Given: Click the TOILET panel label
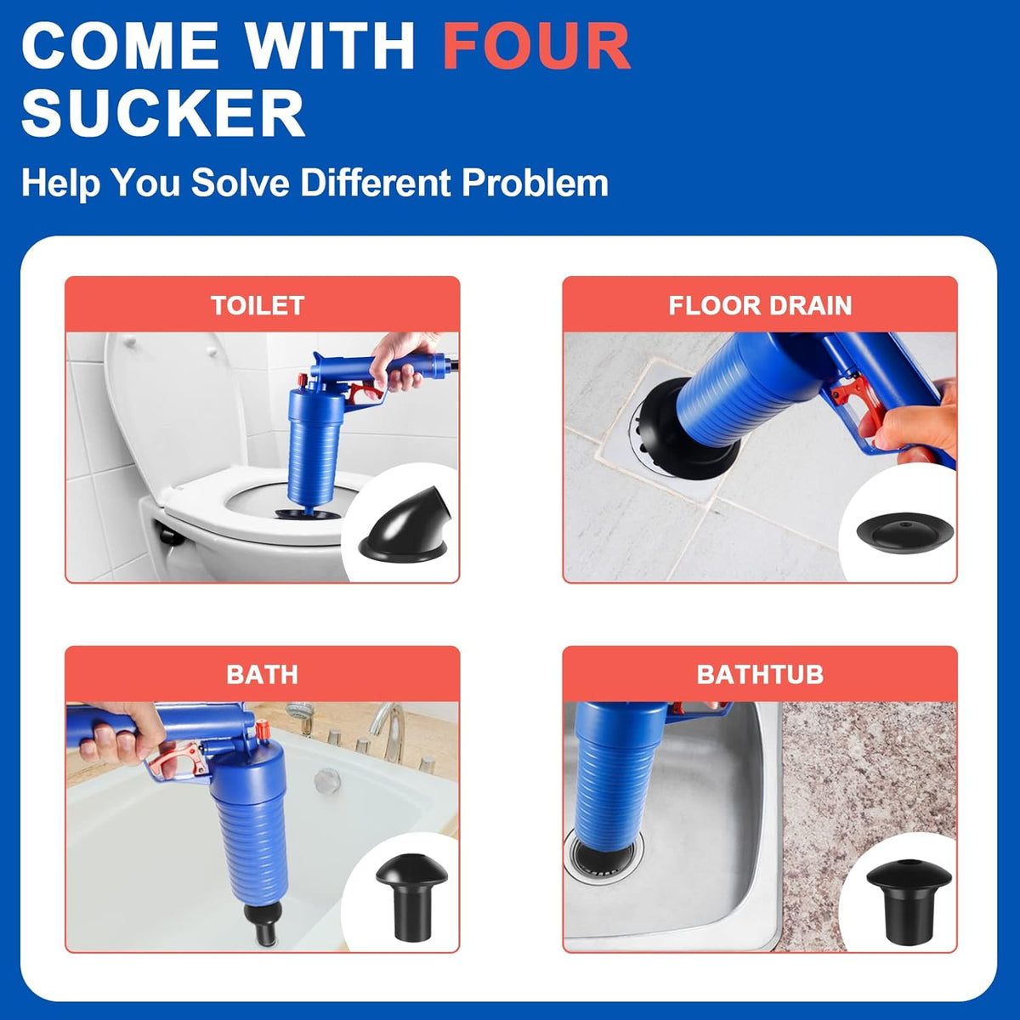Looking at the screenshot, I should (x=258, y=305).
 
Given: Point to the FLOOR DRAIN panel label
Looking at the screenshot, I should (x=760, y=305).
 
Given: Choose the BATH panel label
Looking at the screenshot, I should (x=262, y=674).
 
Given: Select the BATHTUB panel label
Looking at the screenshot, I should (x=760, y=674).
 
